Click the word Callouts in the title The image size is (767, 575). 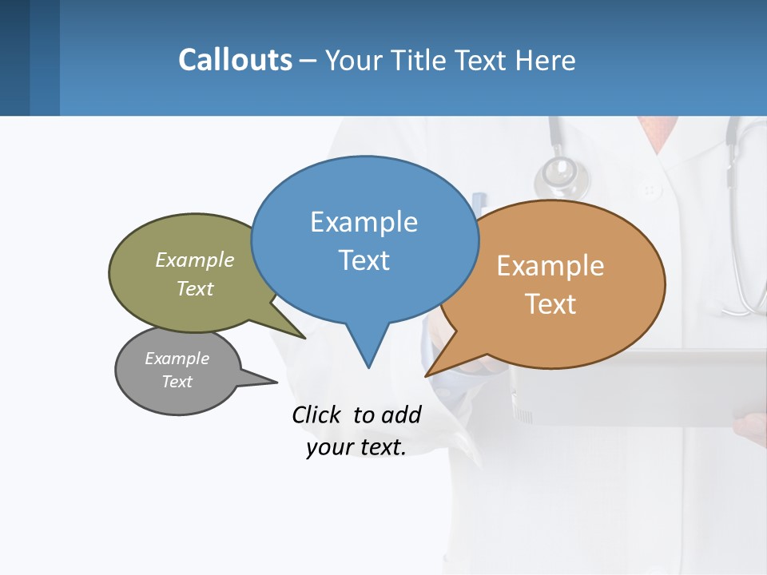pyautogui.click(x=235, y=60)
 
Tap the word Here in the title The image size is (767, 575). pyautogui.click(x=546, y=61)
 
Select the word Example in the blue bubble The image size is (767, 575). pyautogui.click(x=364, y=222)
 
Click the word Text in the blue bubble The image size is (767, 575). pyautogui.click(x=364, y=260)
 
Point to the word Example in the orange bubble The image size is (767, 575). pyautogui.click(x=550, y=266)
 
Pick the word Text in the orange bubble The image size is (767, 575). pyautogui.click(x=550, y=304)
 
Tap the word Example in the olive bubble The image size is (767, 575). pyautogui.click(x=195, y=260)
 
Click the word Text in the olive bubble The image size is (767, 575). pyautogui.click(x=195, y=288)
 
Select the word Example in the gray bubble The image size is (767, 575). pyautogui.click(x=177, y=359)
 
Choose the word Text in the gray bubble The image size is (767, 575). pyautogui.click(x=177, y=382)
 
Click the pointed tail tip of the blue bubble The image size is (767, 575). pyautogui.click(x=368, y=367)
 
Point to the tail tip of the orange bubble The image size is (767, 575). pyautogui.click(x=426, y=375)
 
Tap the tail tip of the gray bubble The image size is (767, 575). pyautogui.click(x=276, y=382)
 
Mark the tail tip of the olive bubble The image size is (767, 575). pyautogui.click(x=304, y=338)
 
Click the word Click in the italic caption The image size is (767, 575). pyautogui.click(x=316, y=414)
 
